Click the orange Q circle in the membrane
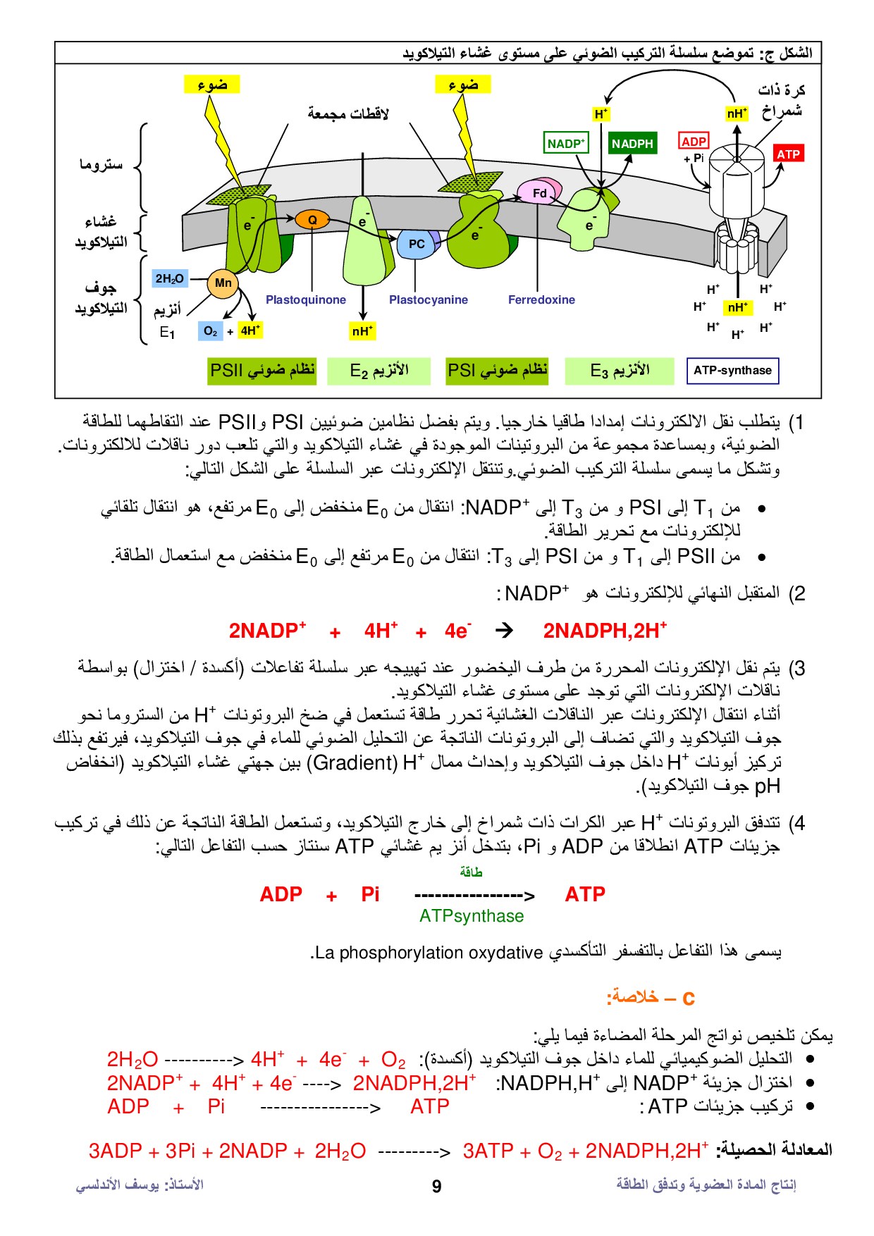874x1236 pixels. tap(312, 220)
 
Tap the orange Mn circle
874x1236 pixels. tap(223, 283)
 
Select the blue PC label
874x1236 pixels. tap(417, 244)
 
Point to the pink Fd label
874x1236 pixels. tap(539, 193)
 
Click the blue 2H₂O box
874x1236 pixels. tap(169, 279)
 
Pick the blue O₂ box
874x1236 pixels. tap(210, 330)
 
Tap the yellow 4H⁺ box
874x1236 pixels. tap(250, 330)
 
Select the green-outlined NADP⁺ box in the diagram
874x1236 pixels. tap(566, 144)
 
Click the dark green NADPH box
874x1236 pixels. tap(632, 144)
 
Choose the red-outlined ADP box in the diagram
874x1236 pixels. tap(694, 141)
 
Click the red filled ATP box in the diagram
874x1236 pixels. tap(788, 154)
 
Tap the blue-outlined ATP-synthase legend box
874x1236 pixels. tap(732, 371)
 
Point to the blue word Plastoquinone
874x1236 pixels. tap(306, 299)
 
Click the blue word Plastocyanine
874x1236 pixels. tap(429, 299)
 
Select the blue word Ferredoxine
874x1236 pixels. tap(541, 299)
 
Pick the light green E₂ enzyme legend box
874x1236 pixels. tap(378, 371)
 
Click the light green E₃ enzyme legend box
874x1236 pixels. tap(620, 371)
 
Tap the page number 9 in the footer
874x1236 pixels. tap(436, 1186)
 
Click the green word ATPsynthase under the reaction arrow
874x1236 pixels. tap(472, 916)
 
